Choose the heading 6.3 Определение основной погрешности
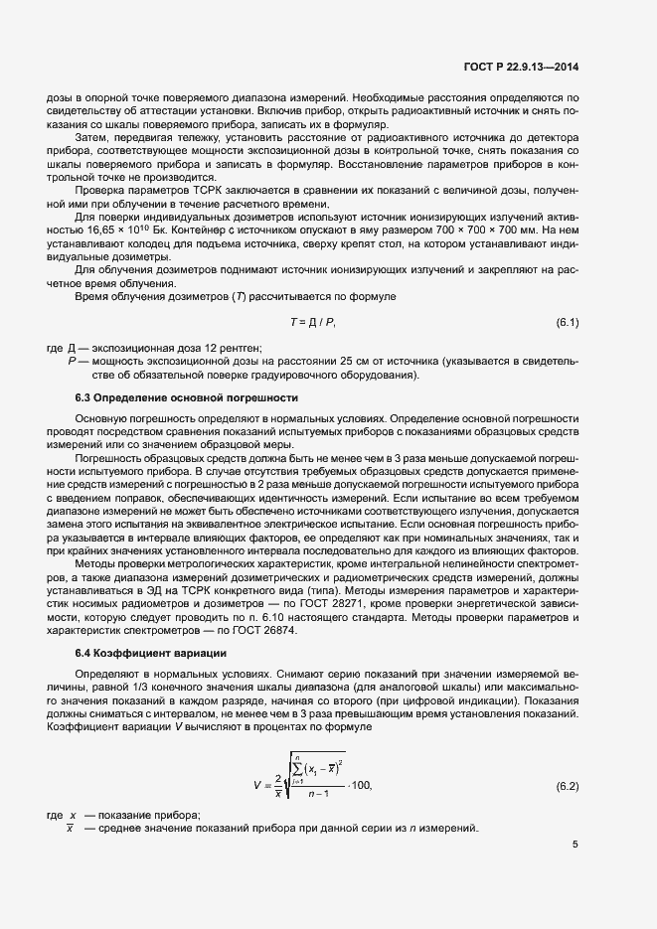(x=174, y=397)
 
